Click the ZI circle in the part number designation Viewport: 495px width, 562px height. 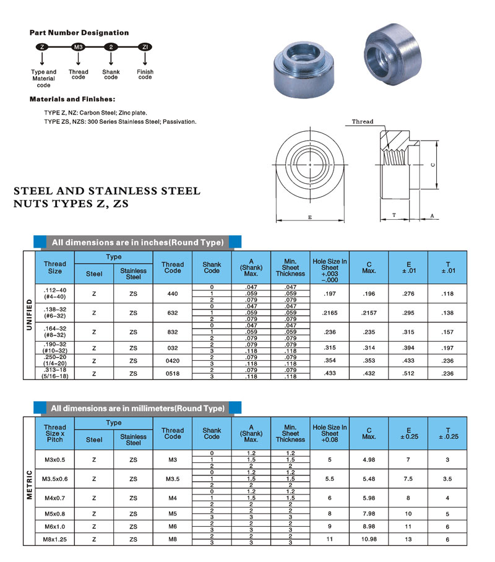point(145,47)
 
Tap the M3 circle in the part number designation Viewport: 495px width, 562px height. point(79,47)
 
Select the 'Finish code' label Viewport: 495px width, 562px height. point(145,74)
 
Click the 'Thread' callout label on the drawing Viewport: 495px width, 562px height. point(363,121)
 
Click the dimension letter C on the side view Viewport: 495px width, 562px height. point(433,164)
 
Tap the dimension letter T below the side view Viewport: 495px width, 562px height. point(394,215)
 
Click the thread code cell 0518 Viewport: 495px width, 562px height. point(173,373)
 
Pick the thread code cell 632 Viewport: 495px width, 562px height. point(173,313)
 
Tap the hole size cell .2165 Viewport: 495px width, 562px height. point(330,313)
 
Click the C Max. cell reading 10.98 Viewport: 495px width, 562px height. point(369,538)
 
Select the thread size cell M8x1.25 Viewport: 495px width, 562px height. point(54,538)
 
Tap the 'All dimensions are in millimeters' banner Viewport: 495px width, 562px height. point(137,409)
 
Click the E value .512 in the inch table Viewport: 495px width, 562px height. point(408,373)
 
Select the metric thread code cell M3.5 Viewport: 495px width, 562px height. point(173,478)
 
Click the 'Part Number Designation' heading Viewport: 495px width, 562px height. point(79,33)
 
